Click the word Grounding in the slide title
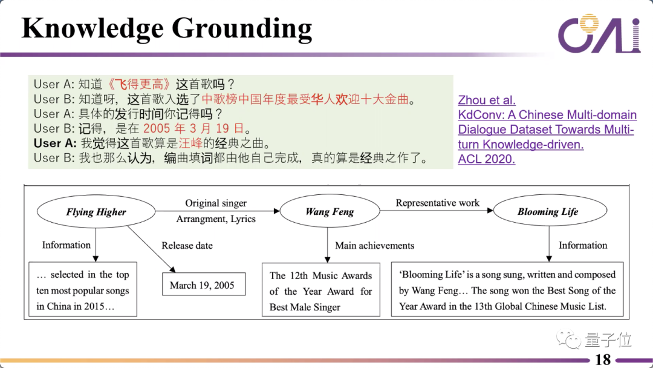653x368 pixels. (241, 28)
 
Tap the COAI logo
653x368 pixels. (599, 34)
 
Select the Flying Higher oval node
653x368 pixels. (96, 212)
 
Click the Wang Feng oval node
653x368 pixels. (330, 212)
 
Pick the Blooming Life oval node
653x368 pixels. (547, 212)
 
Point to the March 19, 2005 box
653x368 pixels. (204, 285)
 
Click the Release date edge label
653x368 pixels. (187, 246)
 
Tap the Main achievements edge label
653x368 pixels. (375, 246)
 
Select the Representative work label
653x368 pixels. (437, 203)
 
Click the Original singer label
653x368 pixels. (216, 203)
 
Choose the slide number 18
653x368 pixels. (603, 360)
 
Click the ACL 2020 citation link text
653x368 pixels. (486, 160)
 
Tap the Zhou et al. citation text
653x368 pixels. (486, 100)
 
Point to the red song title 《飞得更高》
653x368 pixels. (140, 85)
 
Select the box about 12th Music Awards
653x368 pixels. (320, 291)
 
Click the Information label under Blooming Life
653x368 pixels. (582, 246)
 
